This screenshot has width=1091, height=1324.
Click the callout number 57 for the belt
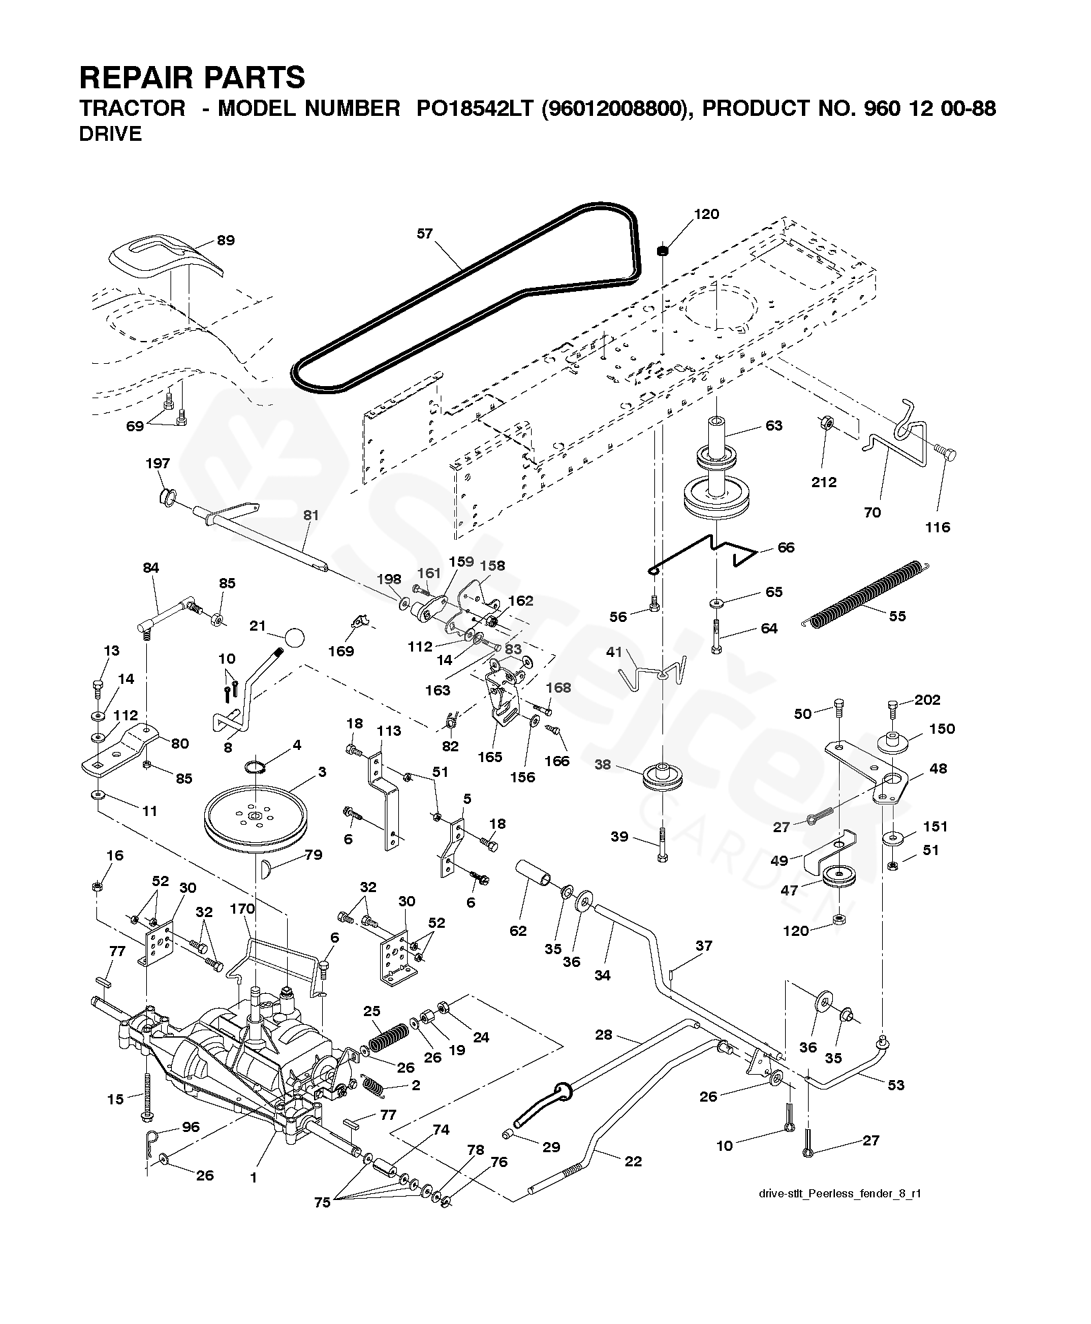425,234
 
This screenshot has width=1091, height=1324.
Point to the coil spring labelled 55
866,593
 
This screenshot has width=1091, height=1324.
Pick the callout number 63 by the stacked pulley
774,425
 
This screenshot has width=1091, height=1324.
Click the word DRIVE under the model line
111,134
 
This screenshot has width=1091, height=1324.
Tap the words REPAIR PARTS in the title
192,77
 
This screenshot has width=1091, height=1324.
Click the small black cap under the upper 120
662,251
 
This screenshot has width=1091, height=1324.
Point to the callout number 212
823,482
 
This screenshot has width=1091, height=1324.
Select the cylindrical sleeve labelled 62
535,875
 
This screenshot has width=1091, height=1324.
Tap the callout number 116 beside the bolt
937,527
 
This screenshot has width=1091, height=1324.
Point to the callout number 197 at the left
158,464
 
